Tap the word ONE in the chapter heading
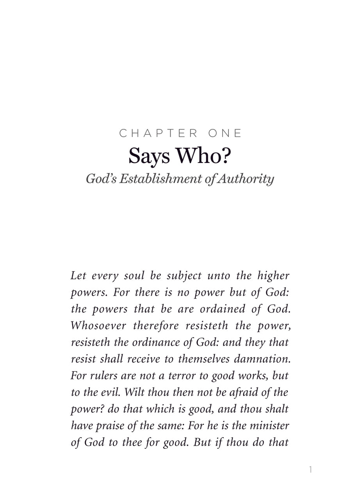225,134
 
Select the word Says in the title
150,156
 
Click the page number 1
310,470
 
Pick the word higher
273,276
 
